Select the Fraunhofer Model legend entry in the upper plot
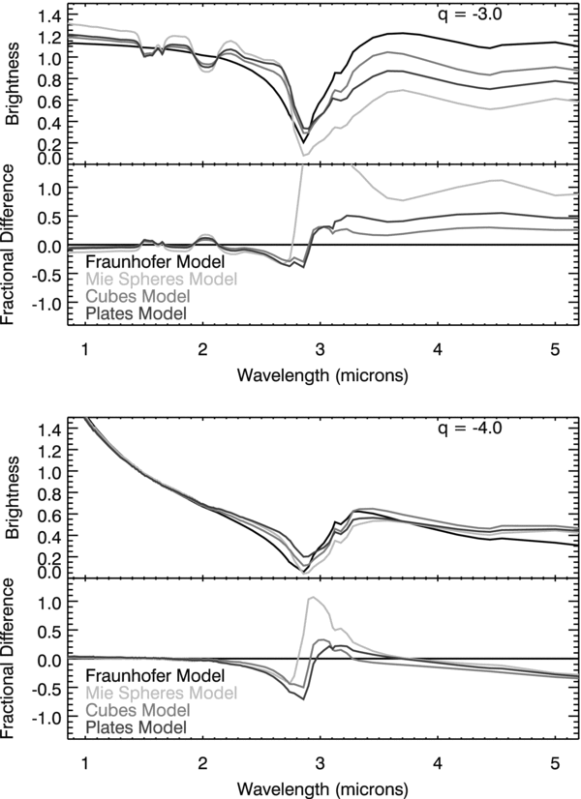[x=155, y=261]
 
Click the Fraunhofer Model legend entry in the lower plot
[x=155, y=674]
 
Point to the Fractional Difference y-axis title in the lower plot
[x=13, y=657]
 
